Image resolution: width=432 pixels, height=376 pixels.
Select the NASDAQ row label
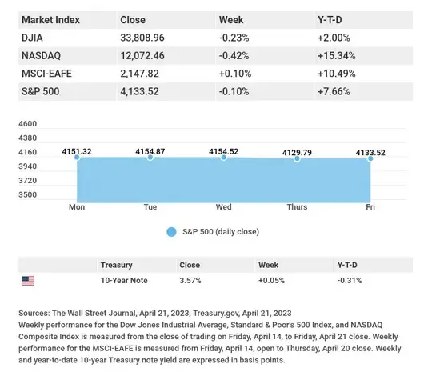pos(41,55)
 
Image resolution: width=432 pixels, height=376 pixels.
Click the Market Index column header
pos(51,18)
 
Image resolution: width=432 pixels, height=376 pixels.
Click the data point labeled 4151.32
pos(78,158)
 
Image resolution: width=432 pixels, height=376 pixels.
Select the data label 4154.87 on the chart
pos(150,150)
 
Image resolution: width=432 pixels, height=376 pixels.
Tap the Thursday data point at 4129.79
pos(298,159)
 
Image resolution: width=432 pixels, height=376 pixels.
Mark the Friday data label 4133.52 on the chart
pos(371,151)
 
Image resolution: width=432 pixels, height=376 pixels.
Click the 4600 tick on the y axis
pos(27,124)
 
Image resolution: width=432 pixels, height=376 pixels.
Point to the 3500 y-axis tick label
pos(27,194)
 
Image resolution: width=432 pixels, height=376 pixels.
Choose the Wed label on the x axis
pos(224,206)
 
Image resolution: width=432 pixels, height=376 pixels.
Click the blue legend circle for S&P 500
pos(171,232)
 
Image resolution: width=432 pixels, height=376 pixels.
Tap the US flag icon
pos(28,281)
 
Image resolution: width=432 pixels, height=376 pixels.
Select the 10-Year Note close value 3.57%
pos(190,281)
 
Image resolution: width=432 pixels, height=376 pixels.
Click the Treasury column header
pos(116,264)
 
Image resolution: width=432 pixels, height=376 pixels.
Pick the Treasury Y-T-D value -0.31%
pos(350,281)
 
